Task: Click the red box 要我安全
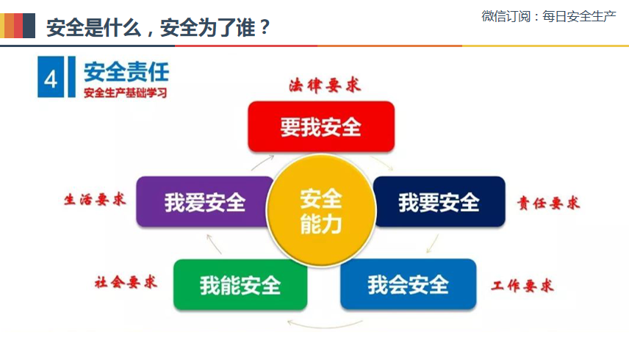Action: (321, 126)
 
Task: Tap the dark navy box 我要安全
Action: (439, 201)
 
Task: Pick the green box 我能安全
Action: (240, 284)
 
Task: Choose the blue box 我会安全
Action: (409, 284)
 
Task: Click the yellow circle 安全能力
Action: (321, 210)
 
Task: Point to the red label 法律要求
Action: (325, 85)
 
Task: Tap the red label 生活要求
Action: (95, 199)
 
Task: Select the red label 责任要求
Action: (548, 203)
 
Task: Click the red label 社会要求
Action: (126, 282)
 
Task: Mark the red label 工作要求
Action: (522, 286)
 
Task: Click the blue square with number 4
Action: (51, 77)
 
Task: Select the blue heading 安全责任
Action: (126, 72)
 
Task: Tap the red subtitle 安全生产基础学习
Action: (125, 93)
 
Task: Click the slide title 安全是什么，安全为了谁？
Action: (159, 28)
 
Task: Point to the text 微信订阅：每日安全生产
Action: (549, 16)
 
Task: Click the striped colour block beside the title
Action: (18, 26)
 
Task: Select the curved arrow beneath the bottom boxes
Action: (325, 324)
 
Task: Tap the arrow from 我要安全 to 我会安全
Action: (432, 243)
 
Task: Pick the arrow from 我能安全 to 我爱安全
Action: (214, 244)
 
